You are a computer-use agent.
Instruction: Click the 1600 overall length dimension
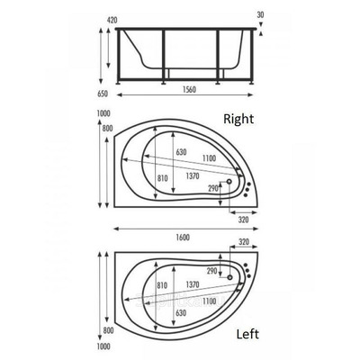click(183, 237)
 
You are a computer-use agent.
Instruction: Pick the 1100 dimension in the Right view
click(210, 158)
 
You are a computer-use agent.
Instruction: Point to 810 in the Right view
click(162, 179)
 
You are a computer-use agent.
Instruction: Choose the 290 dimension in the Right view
click(213, 188)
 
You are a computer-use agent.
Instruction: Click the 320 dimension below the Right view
click(244, 219)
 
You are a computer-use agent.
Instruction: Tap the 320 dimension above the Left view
click(243, 243)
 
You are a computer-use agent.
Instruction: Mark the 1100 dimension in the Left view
click(210, 301)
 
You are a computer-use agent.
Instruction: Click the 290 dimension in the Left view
click(212, 271)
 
